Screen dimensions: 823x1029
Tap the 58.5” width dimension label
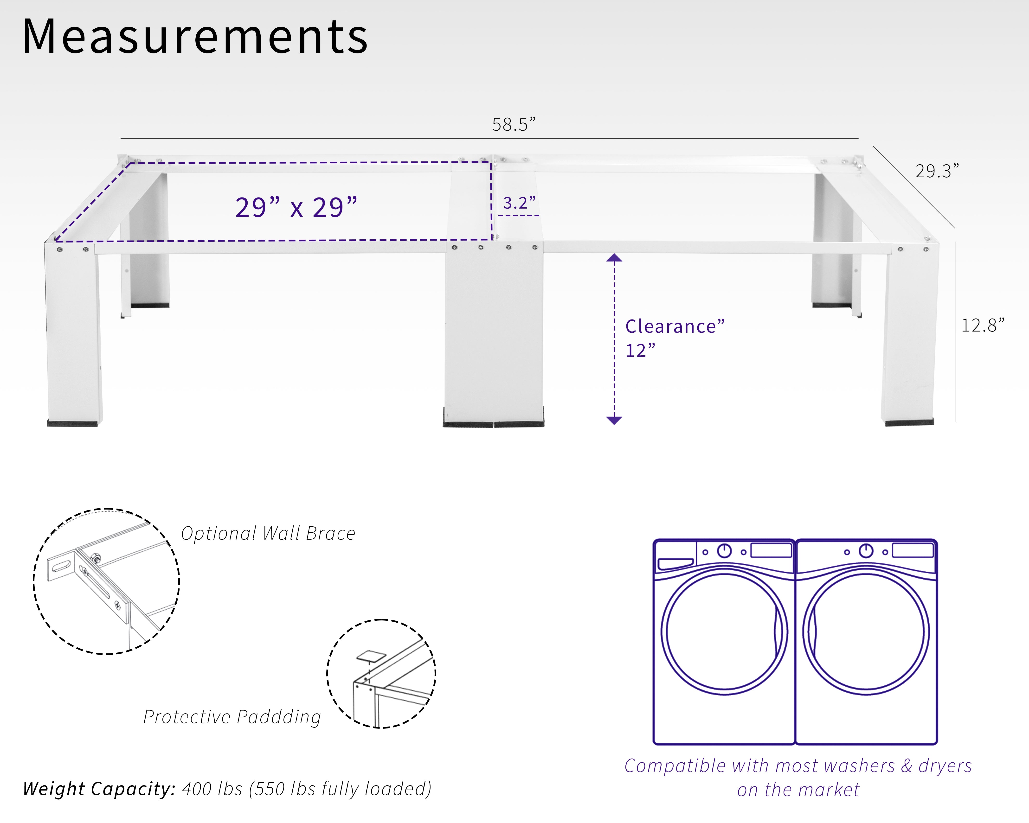(514, 125)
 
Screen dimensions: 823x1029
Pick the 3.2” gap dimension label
(519, 203)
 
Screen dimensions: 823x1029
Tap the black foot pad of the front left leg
(72, 423)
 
